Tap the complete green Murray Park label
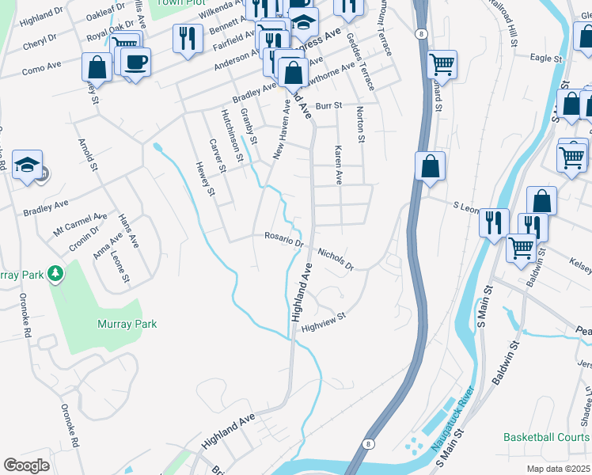[127, 324]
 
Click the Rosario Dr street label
[284, 240]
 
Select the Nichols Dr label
[335, 257]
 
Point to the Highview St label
[324, 321]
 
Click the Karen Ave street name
[338, 164]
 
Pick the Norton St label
[360, 124]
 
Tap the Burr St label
[328, 105]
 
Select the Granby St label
[249, 126]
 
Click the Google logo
[27, 465]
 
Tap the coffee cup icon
[135, 62]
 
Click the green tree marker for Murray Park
[55, 274]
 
